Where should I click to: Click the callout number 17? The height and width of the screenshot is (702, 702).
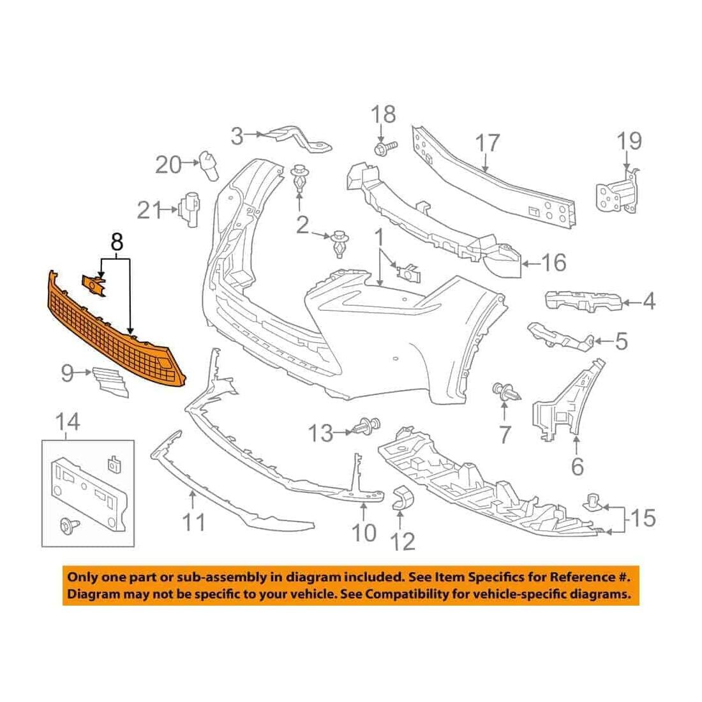487,142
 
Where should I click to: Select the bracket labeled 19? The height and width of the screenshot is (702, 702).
618,190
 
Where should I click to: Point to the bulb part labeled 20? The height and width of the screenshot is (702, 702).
209,165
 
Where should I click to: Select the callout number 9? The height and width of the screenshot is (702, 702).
67,373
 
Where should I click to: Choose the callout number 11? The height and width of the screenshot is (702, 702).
194,522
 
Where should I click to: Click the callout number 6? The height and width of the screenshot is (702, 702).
578,467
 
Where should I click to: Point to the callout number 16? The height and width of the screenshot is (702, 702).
554,263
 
